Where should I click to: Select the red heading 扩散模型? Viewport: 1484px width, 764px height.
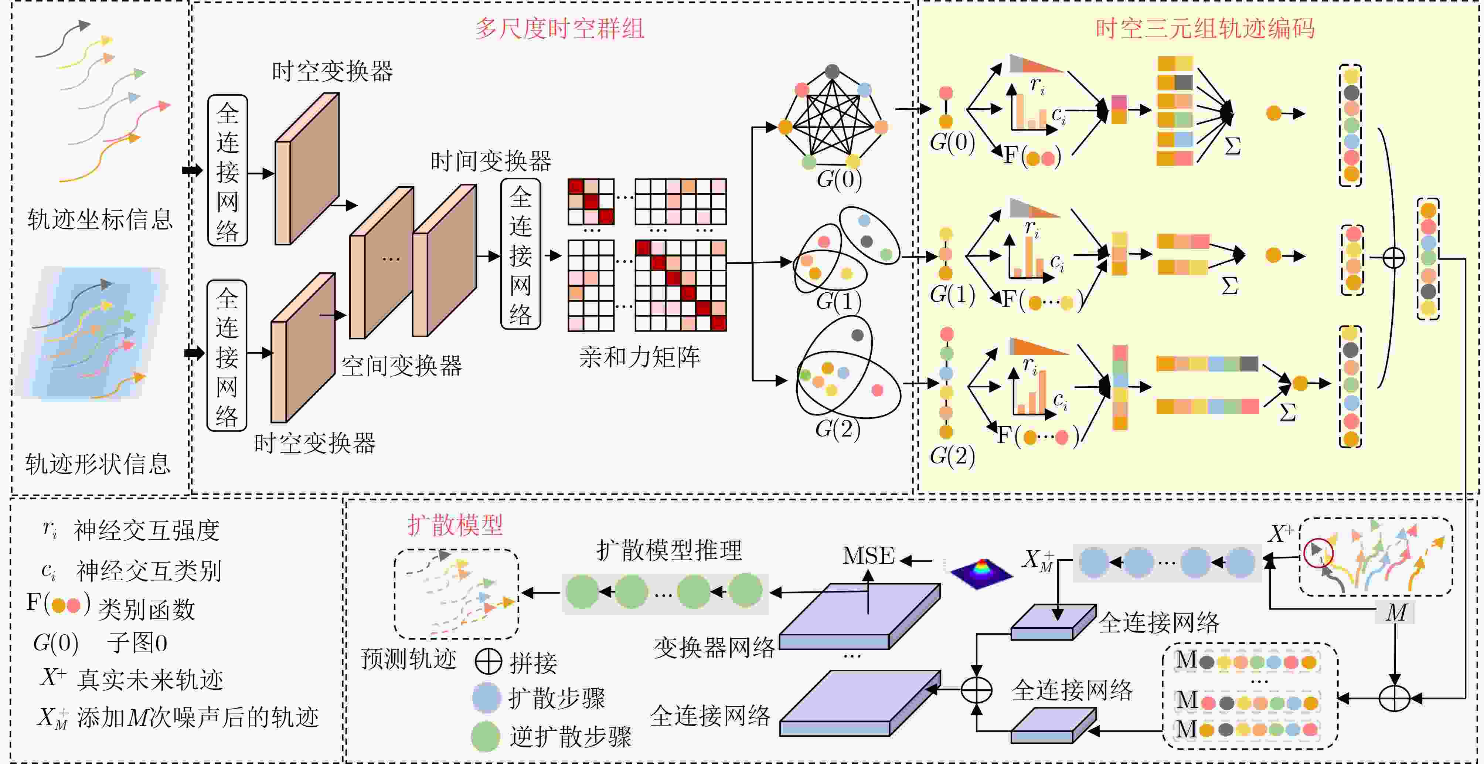455,525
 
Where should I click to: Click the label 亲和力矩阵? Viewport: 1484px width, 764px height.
639,357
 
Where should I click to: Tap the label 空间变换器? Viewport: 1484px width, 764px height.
402,366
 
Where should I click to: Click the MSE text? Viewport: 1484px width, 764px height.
868,556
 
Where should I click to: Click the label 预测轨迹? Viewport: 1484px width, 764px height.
408,659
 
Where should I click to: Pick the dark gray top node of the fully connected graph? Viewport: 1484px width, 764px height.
832,71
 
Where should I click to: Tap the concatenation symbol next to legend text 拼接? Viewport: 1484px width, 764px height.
488,662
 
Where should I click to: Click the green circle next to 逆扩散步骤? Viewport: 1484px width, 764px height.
485,736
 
